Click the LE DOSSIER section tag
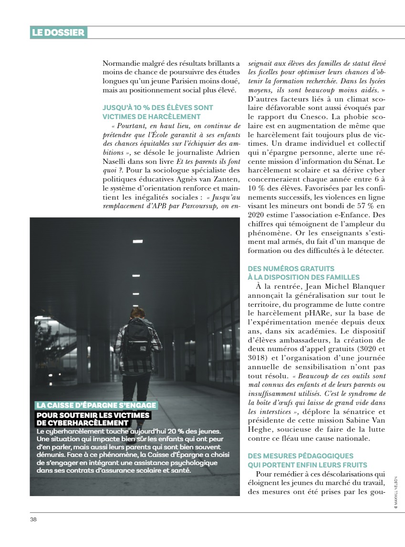point(58,32)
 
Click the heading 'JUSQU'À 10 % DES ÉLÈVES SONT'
point(158,108)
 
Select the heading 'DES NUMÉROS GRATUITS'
point(291,269)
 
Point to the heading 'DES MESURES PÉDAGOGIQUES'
point(301,456)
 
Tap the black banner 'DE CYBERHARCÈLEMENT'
point(83,423)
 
